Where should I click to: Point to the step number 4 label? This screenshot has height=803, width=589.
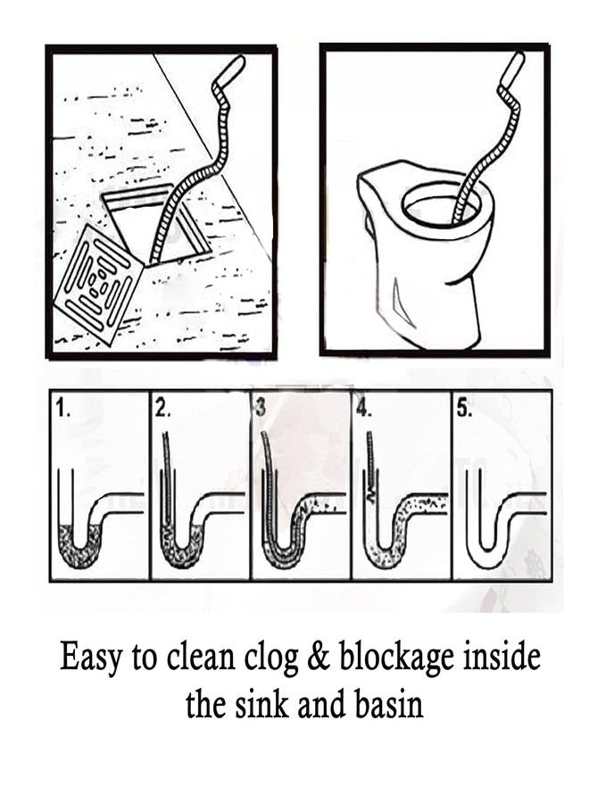361,410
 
